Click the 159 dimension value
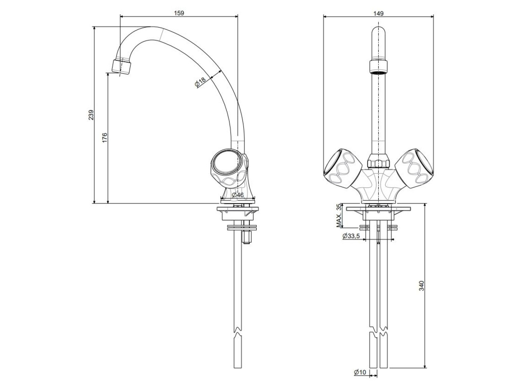(179, 13)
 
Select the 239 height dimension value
(91, 115)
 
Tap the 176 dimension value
(105, 137)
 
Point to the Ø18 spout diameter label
(200, 82)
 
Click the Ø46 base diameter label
(238, 195)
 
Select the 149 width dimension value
(378, 13)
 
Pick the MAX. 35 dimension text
(338, 215)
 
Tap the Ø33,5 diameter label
(351, 236)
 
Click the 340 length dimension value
(421, 286)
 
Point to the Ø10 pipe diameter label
(360, 372)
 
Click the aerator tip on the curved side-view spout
(121, 67)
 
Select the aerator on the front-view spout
(378, 67)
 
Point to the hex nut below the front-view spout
(378, 161)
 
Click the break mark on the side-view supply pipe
(238, 337)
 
